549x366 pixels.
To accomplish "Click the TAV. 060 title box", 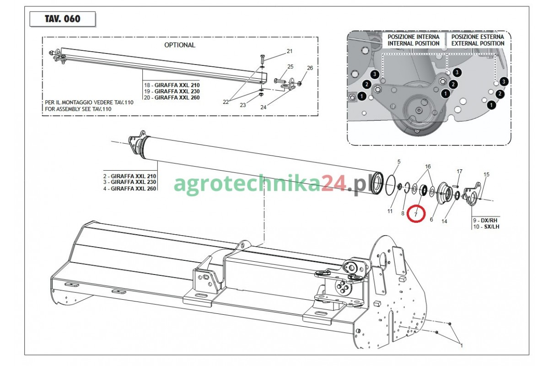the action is tap(63, 19).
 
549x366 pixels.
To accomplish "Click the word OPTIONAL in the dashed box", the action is tap(180, 45).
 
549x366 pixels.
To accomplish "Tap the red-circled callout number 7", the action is tap(415, 215).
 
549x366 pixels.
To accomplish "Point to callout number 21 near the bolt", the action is tap(290, 51).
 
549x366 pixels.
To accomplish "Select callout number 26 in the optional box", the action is tap(310, 68).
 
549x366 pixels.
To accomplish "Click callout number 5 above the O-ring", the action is tap(399, 162).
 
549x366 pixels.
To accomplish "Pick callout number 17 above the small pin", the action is tap(459, 172).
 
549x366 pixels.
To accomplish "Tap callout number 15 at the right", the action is tap(486, 175).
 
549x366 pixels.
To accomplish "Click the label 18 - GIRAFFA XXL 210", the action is tap(172, 85).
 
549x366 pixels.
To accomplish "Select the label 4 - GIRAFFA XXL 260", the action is tap(129, 188).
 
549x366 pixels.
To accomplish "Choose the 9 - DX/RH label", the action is tap(485, 221).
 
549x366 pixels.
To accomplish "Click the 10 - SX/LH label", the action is tap(486, 226).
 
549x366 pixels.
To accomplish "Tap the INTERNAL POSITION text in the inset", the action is tap(414, 43).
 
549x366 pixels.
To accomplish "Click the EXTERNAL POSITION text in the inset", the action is tap(478, 43).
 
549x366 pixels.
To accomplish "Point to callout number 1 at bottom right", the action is tap(462, 346).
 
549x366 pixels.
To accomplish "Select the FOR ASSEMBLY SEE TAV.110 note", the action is tap(78, 109).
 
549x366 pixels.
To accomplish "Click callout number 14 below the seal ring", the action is tap(444, 221).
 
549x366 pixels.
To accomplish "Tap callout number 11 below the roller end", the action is tap(390, 211).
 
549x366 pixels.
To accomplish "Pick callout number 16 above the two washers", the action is tap(428, 167).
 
